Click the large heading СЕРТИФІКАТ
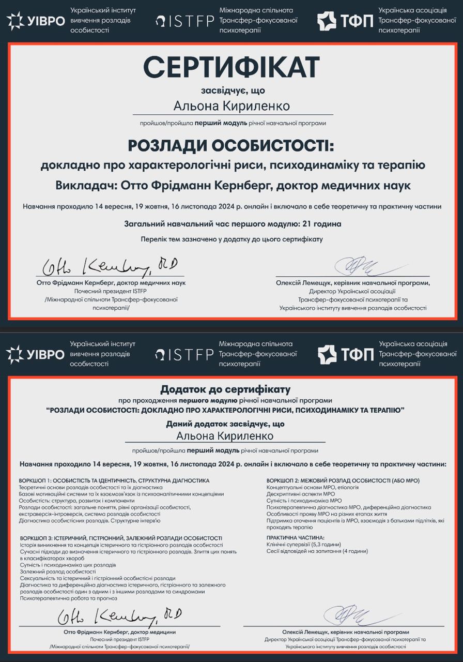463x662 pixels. coord(231,67)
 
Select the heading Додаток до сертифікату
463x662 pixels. coord(225,389)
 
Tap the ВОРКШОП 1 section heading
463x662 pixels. coord(114,480)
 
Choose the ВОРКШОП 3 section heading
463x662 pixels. coord(121,538)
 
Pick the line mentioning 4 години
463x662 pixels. coord(317,551)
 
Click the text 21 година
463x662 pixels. coord(319,224)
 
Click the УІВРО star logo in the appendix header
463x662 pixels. coord(14,354)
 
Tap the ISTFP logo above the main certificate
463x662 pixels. coord(184,21)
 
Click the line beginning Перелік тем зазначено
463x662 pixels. coord(231,239)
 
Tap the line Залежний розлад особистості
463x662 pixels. coord(58,571)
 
